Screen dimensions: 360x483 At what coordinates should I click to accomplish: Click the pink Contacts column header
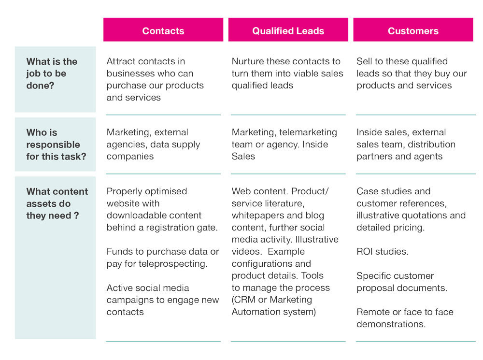[x=163, y=31]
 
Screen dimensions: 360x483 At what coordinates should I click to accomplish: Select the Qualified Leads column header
[x=288, y=31]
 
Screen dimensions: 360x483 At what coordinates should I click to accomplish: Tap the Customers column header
[x=413, y=31]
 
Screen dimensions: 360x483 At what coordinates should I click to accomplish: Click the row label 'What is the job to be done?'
[x=52, y=73]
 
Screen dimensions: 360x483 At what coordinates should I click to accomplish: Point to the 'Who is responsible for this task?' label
[x=56, y=144]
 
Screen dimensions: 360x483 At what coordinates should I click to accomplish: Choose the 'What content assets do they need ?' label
[x=57, y=203]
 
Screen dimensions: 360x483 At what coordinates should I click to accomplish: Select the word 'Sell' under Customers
[x=365, y=61]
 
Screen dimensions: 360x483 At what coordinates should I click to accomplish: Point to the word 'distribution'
[x=431, y=144]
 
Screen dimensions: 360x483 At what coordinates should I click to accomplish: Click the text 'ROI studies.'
[x=383, y=252]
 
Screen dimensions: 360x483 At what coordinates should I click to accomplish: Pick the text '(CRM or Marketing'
[x=272, y=300]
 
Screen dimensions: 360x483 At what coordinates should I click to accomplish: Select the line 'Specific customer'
[x=395, y=276]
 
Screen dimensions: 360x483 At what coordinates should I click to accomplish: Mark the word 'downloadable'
[x=136, y=216]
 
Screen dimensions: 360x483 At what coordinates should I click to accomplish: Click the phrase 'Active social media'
[x=148, y=288]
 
